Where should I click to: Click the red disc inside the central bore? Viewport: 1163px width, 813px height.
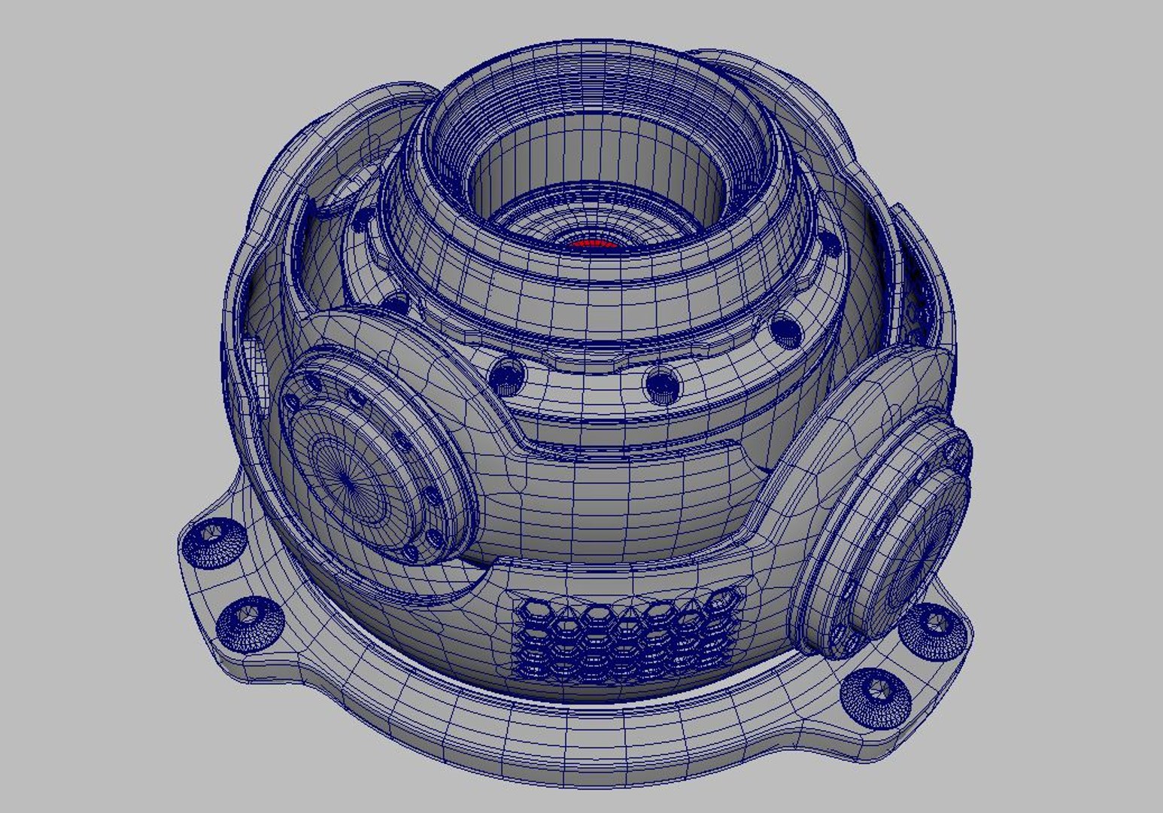pos(591,244)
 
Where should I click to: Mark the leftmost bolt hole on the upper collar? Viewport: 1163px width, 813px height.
pos(363,218)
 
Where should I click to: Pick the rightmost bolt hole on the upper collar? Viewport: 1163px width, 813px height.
pos(830,243)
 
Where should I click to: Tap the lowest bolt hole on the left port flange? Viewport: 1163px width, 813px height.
pos(411,554)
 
